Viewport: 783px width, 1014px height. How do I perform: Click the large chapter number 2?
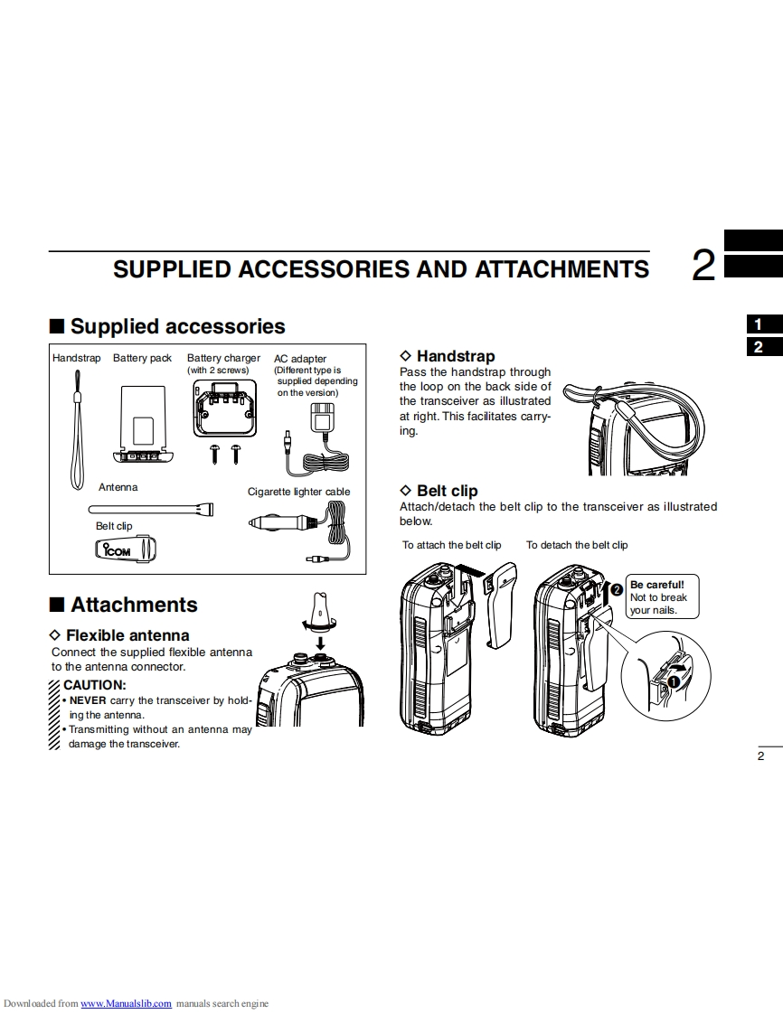[703, 267]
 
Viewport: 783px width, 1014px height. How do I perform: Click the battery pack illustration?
[143, 419]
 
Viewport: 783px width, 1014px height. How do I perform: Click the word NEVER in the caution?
[88, 700]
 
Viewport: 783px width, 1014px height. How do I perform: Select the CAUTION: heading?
[94, 685]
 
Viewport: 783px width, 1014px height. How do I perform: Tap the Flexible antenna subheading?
[127, 635]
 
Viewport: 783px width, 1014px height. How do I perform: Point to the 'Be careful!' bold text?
[657, 584]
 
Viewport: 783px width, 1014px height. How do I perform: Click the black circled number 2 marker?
[617, 589]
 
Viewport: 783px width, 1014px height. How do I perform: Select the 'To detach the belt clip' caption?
[577, 545]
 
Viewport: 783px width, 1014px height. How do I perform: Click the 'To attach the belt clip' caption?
[452, 545]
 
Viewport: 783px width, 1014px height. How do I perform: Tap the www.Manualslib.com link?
[127, 1004]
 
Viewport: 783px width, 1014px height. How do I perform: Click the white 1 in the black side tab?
[759, 324]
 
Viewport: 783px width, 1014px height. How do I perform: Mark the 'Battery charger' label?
[223, 359]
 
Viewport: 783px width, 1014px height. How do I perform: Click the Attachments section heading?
[134, 605]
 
